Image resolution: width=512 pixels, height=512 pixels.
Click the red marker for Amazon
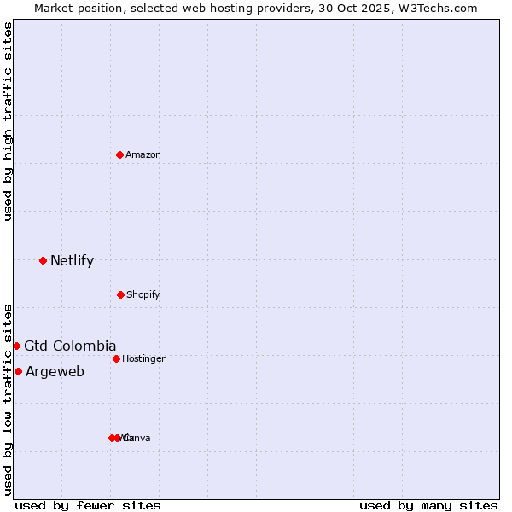click(119, 154)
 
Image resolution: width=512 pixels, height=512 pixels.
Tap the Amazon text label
click(143, 154)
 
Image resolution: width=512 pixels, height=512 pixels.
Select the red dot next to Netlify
click(43, 260)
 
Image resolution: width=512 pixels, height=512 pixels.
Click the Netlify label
click(72, 261)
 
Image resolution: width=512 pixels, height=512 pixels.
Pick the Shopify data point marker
click(120, 294)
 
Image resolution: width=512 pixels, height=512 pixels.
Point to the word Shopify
click(143, 294)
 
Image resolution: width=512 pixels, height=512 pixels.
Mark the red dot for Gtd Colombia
click(16, 346)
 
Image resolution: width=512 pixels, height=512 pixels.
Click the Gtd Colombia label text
click(70, 346)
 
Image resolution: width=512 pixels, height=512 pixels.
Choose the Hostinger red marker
click(116, 358)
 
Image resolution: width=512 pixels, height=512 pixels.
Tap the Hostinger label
click(143, 358)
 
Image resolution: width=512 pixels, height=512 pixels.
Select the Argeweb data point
click(18, 371)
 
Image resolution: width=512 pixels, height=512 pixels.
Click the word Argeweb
click(55, 371)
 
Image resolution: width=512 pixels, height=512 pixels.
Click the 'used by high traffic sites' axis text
click(8, 121)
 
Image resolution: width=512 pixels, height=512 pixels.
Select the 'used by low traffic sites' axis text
click(8, 399)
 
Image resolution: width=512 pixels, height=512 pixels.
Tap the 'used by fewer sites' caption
click(88, 505)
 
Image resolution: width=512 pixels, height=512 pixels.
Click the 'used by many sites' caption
click(428, 505)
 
